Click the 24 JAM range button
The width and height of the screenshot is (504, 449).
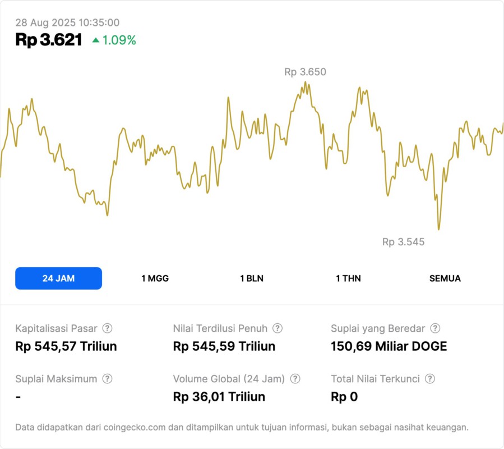[x=58, y=278]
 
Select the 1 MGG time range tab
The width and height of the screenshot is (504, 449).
[x=155, y=278]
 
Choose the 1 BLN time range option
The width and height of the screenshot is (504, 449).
[x=252, y=278]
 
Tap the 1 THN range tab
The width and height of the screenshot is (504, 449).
[x=348, y=278]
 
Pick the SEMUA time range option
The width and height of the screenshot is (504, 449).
[x=445, y=278]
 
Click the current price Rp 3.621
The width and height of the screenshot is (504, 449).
[x=49, y=40]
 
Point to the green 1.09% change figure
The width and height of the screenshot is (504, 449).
[x=119, y=40]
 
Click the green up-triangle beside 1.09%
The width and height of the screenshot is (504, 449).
[x=96, y=40]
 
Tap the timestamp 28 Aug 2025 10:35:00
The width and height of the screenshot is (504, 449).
[x=67, y=22]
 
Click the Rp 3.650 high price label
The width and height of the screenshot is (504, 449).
[x=305, y=72]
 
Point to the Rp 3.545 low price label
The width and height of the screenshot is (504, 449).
[x=403, y=242]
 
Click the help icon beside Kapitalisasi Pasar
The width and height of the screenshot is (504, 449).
[x=107, y=328]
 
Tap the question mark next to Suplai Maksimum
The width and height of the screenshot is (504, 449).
[x=107, y=379]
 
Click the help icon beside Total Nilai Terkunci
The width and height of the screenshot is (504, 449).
[x=430, y=379]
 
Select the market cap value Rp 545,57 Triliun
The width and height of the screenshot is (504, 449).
[x=66, y=346]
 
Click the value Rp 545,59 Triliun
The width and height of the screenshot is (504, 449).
[x=224, y=346]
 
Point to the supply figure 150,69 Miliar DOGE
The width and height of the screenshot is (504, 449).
[x=389, y=346]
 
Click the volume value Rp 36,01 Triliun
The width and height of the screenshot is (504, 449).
[x=219, y=397]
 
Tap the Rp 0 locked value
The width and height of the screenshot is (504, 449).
[x=344, y=397]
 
